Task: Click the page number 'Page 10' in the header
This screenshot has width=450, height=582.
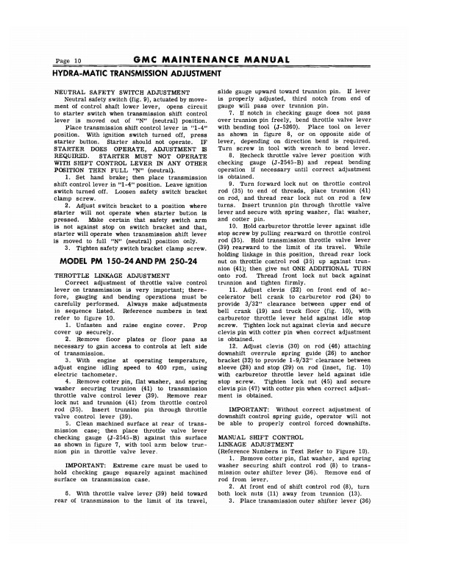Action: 68,60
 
